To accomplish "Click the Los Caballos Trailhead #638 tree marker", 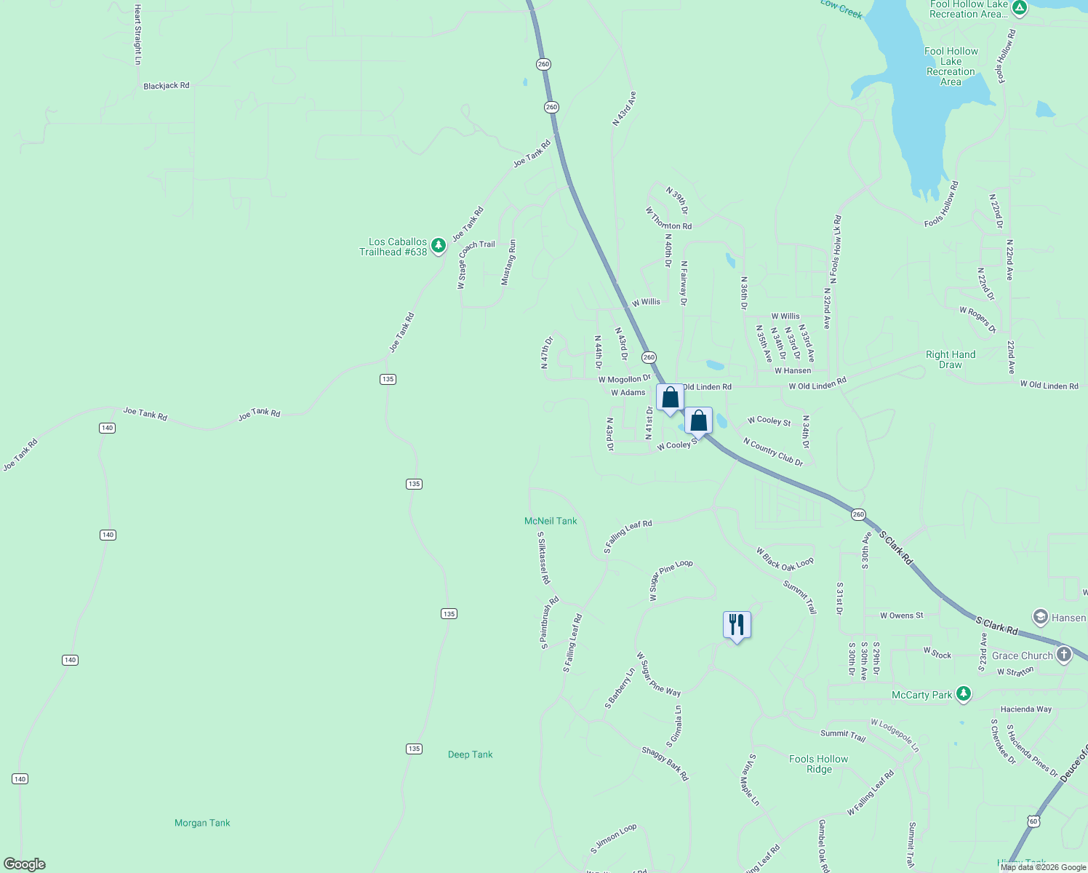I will click(x=438, y=246).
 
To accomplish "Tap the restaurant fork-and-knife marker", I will click(x=737, y=625).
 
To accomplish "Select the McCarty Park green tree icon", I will click(x=964, y=694).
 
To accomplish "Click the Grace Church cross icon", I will click(x=1064, y=655).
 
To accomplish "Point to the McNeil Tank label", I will click(x=551, y=521).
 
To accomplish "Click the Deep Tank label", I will click(x=470, y=754).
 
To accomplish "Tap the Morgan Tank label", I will click(x=202, y=823).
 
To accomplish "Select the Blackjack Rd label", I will click(x=167, y=86).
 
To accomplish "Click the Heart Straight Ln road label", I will click(x=137, y=34).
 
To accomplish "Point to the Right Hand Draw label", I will click(x=951, y=359).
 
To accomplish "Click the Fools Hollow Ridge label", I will click(x=819, y=764).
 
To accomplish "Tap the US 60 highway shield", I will click(x=1033, y=821).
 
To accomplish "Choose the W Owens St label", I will click(x=901, y=615).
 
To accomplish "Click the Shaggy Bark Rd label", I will click(x=665, y=763).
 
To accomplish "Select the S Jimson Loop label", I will click(x=613, y=839).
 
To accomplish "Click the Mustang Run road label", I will click(x=508, y=263).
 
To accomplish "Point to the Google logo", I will click(x=25, y=864).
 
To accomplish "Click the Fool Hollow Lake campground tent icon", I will click(x=1020, y=8).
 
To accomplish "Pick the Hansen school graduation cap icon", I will click(x=1040, y=617).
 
